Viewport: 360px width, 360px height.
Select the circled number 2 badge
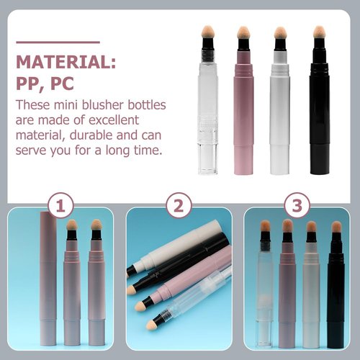click(x=179, y=207)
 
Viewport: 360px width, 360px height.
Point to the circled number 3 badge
click(x=297, y=207)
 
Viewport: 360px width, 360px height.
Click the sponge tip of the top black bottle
click(x=318, y=33)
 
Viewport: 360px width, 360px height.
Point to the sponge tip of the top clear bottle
click(x=207, y=33)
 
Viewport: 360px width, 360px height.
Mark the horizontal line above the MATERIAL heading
click(x=58, y=42)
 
